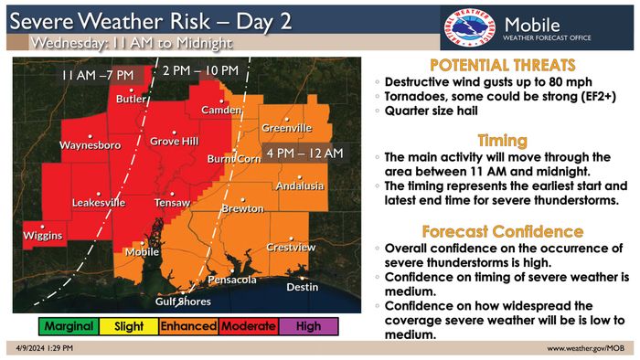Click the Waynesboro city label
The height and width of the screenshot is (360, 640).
[x=86, y=145]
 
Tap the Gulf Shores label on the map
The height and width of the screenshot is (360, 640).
[x=182, y=301]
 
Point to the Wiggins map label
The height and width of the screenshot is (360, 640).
[x=42, y=237]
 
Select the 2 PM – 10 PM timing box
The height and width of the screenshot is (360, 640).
[x=202, y=71]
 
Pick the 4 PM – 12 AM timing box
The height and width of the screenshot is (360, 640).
[x=303, y=151]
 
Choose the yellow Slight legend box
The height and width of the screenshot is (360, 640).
[x=128, y=325]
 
